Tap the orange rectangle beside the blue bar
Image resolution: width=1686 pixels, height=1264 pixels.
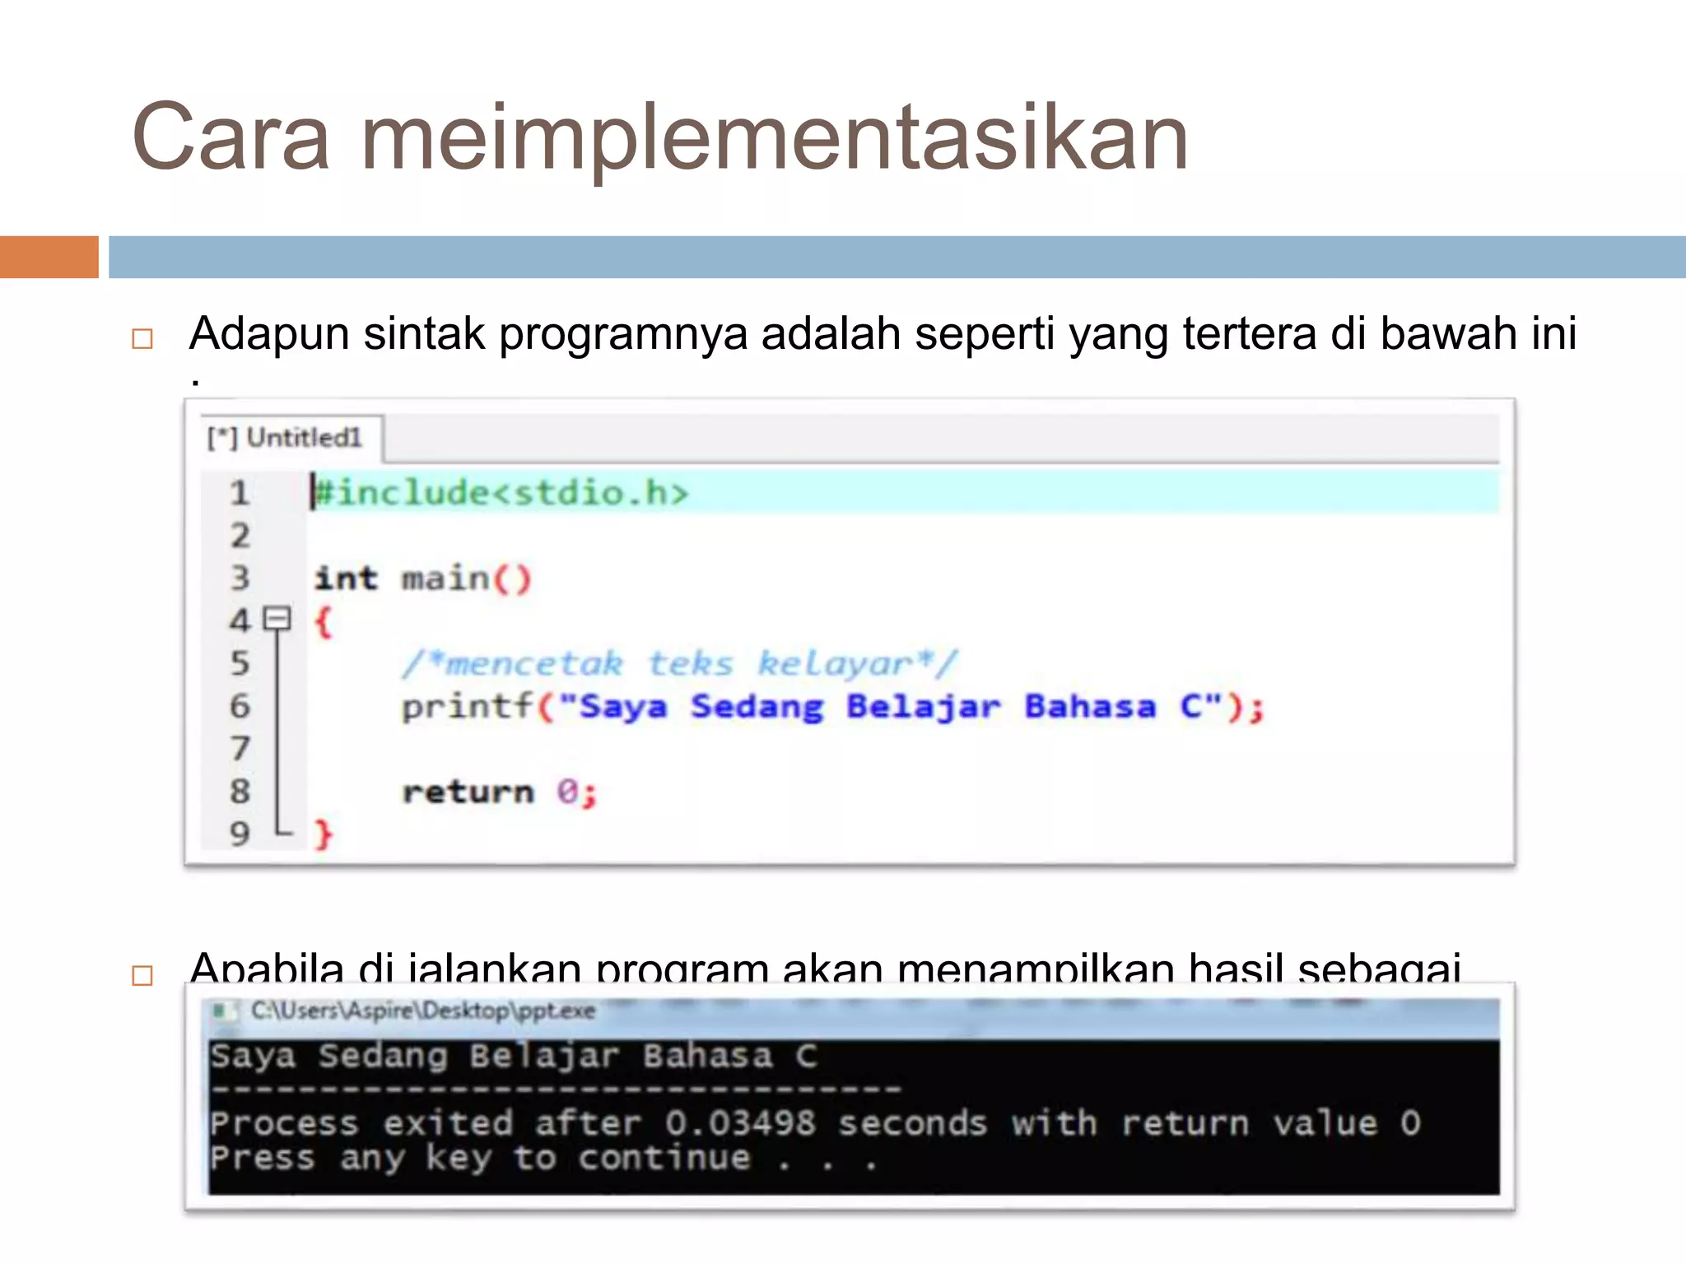tap(49, 257)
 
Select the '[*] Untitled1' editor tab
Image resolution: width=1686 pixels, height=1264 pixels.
tap(285, 438)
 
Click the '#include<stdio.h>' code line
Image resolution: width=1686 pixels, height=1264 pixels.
tap(501, 493)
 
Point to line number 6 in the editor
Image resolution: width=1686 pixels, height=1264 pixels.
tap(240, 706)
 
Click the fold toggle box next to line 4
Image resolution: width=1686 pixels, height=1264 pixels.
tap(277, 618)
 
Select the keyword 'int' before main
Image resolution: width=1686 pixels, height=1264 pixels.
tap(346, 579)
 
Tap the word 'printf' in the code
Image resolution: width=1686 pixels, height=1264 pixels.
tap(467, 706)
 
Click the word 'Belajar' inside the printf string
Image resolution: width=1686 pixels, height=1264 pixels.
tap(923, 707)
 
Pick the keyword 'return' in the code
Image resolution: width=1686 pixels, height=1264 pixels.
tap(468, 792)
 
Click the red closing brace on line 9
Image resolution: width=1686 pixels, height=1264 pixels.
tap(324, 834)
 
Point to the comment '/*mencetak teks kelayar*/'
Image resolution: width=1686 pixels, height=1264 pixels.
tap(680, 663)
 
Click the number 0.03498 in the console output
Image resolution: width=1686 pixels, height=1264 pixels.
tap(740, 1123)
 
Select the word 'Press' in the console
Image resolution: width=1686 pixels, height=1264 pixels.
tap(262, 1158)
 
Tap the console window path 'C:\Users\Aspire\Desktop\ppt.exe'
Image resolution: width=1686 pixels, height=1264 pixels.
tap(422, 1011)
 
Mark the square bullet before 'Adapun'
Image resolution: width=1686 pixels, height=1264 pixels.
tap(142, 338)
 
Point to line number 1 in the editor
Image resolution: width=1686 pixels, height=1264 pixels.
tap(240, 494)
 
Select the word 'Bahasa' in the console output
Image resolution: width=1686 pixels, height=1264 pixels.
tap(708, 1056)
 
